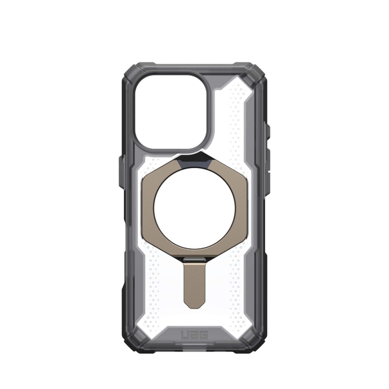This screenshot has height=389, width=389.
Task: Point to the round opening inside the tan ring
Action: [194, 208]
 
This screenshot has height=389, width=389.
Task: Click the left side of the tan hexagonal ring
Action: [150, 208]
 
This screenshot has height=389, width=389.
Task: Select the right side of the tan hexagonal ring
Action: [239, 208]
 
